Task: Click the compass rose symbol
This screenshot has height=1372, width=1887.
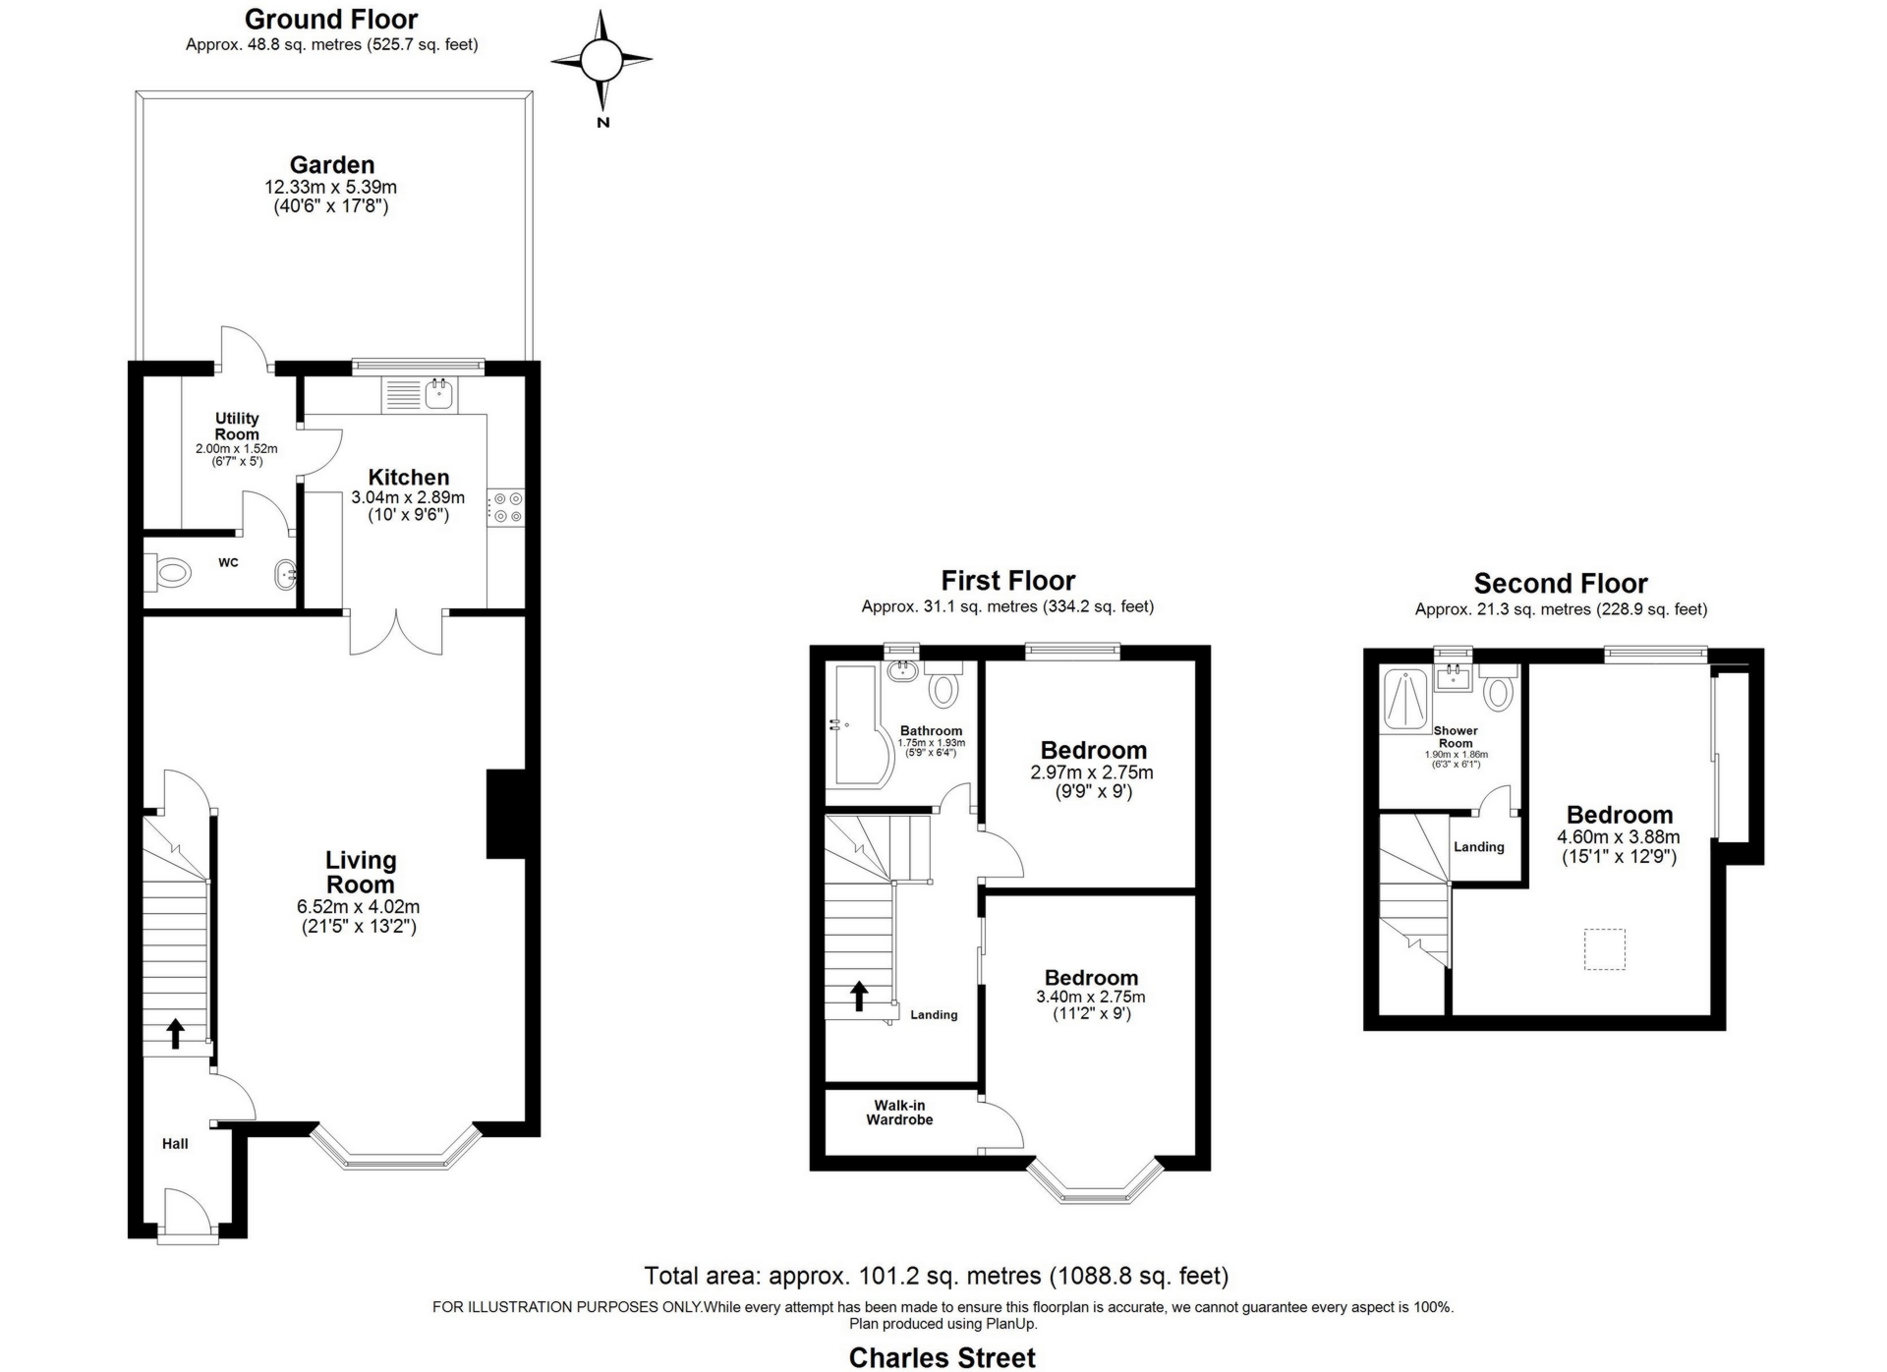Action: coord(600,61)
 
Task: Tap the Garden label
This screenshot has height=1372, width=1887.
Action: coord(332,165)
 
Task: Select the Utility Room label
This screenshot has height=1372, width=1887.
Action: coord(237,426)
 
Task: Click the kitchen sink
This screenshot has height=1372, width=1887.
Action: coord(439,395)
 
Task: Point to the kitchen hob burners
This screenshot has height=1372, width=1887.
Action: coord(507,507)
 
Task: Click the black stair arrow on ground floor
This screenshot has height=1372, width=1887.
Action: coord(175,1033)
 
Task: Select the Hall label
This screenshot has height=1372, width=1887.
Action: coord(175,1143)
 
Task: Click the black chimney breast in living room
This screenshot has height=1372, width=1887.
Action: coord(505,814)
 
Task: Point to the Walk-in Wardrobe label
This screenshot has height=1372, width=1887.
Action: coord(899,1113)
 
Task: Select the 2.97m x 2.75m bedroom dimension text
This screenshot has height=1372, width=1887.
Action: coord(1092,772)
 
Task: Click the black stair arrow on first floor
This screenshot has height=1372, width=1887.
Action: coord(859,996)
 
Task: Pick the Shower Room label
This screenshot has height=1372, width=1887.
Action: coord(1456,737)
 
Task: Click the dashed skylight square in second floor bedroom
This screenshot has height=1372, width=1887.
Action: coord(1604,949)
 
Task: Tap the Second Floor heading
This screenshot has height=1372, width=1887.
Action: coord(1561,584)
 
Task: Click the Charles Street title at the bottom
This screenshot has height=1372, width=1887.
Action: coord(943,1357)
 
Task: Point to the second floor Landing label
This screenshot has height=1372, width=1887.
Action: coord(1479,847)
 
